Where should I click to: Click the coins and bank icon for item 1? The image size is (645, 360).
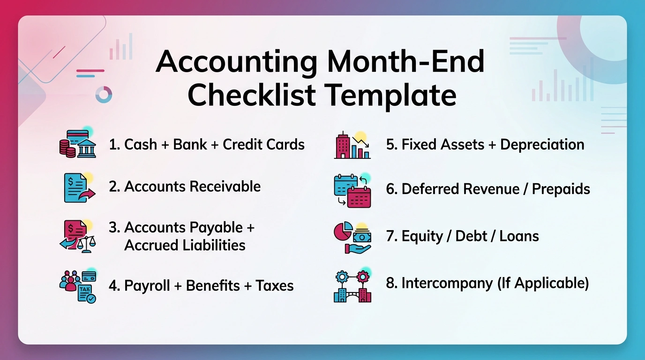pos(78,143)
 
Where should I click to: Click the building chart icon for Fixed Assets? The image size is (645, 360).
pos(352,145)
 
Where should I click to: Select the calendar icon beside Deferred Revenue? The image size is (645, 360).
pos(352,190)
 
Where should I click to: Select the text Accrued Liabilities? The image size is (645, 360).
pos(185,245)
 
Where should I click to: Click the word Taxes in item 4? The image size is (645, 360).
pos(275,285)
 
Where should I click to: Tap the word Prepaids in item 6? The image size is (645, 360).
pos(561,189)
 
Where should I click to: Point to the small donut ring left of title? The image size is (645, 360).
pos(104,94)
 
